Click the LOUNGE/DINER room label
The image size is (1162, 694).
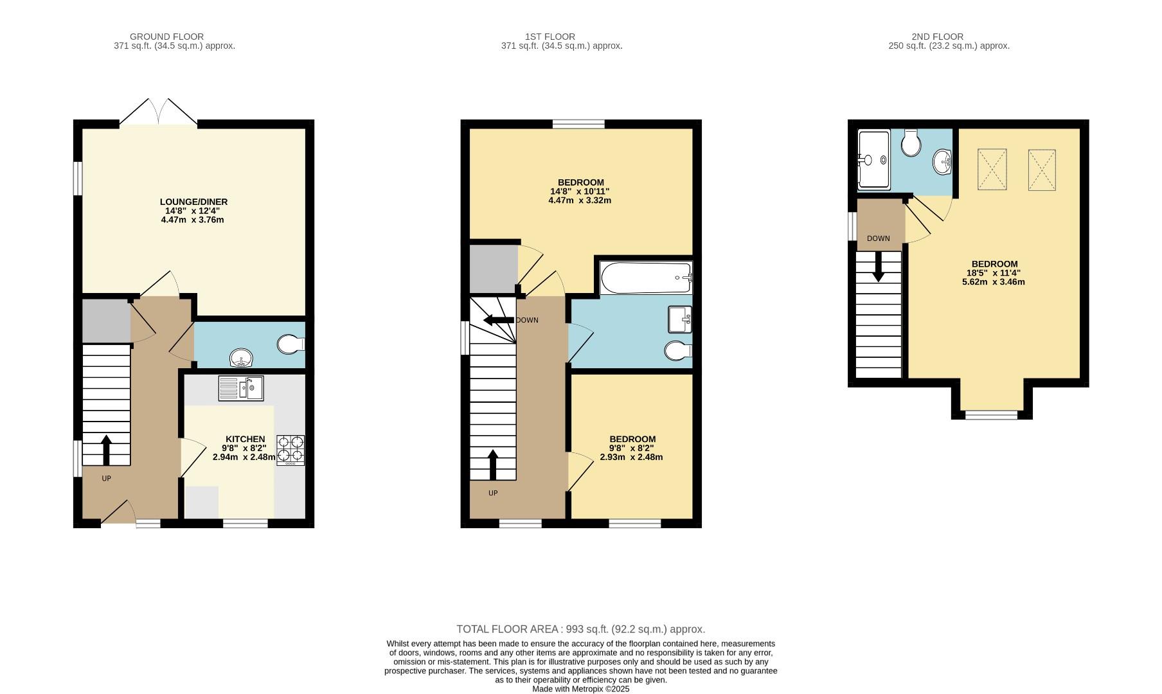click(193, 202)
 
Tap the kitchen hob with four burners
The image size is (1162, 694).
click(290, 449)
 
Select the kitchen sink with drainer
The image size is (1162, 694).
click(240, 388)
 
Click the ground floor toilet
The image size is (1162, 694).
click(290, 344)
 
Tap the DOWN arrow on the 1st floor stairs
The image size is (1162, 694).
click(498, 320)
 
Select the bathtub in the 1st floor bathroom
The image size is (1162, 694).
click(646, 278)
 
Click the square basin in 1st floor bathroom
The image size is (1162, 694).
click(680, 319)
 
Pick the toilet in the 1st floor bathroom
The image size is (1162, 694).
click(677, 351)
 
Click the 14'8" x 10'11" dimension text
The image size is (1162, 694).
click(579, 191)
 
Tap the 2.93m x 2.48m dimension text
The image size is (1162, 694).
click(631, 458)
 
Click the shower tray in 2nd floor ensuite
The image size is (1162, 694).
click(873, 159)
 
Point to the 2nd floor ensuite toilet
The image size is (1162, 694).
click(911, 143)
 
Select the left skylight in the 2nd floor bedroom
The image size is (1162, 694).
click(992, 170)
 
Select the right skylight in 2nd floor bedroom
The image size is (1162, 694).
click(1042, 170)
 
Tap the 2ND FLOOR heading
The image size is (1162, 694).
click(937, 37)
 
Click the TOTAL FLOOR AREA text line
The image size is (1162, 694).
click(580, 629)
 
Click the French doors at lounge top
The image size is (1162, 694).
click(159, 113)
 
